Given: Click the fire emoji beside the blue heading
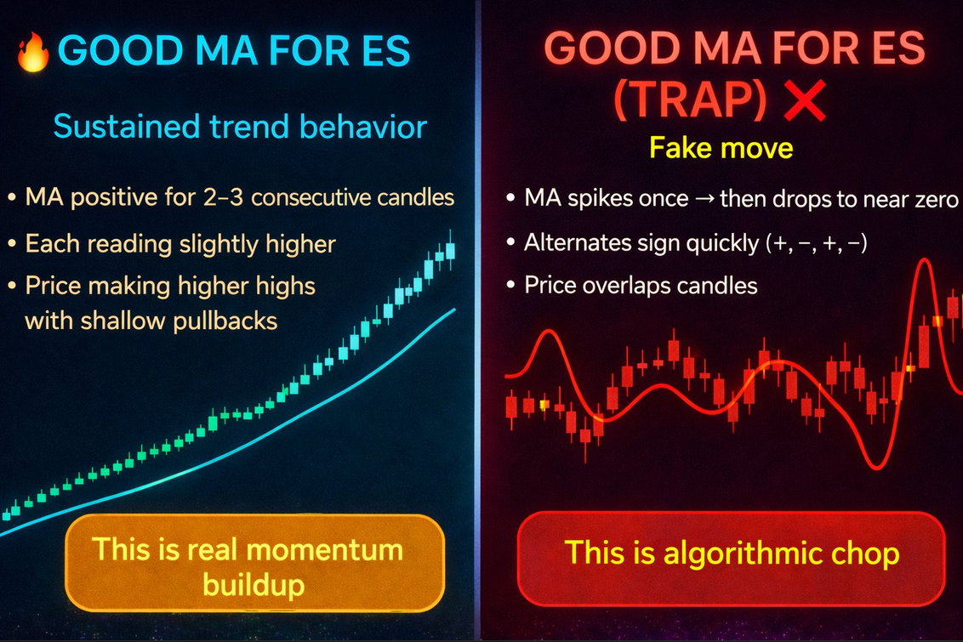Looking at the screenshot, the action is pyautogui.click(x=33, y=52).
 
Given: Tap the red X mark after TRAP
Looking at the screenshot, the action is pyautogui.click(x=805, y=101).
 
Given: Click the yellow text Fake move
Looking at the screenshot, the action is pyautogui.click(x=721, y=148).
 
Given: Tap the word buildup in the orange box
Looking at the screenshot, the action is pyautogui.click(x=254, y=584).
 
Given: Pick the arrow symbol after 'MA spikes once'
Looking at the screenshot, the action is pyautogui.click(x=704, y=198).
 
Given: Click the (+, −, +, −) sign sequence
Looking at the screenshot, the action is pyautogui.click(x=816, y=243).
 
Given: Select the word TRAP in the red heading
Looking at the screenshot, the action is pyautogui.click(x=690, y=100).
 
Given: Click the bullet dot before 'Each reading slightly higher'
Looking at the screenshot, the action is pyautogui.click(x=12, y=244).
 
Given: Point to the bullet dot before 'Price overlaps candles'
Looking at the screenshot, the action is pyautogui.click(x=510, y=285).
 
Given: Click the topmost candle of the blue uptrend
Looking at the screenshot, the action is pyautogui.click(x=450, y=250).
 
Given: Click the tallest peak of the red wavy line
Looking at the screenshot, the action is pyautogui.click(x=924, y=261).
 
